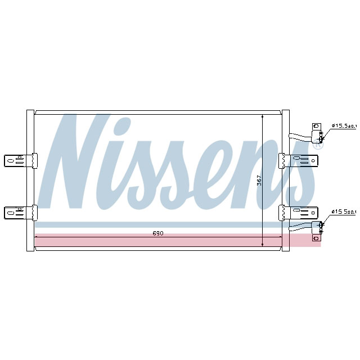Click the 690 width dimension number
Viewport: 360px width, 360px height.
tap(158, 233)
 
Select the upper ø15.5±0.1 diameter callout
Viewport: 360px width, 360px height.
tap(344, 125)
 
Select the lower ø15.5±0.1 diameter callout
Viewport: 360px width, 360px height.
tap(344, 211)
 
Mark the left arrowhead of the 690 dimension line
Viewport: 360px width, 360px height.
tap(37, 238)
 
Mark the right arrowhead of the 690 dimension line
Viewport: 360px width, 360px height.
tap(280, 238)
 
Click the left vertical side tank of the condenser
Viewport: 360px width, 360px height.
tap(30, 180)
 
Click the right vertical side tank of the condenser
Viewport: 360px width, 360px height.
tap(285, 180)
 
